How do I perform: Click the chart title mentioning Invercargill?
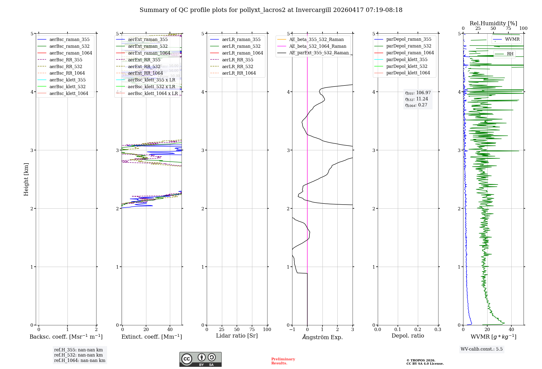271,10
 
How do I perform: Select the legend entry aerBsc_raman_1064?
70,53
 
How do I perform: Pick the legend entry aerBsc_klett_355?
67,80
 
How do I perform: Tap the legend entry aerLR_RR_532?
237,66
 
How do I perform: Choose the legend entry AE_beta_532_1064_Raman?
318,46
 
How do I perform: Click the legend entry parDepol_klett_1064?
408,73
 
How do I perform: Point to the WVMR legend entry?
512,39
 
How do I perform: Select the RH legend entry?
510,54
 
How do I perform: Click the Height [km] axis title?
26,179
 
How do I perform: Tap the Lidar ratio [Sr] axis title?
237,336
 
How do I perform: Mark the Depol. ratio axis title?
408,336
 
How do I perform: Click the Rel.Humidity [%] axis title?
493,23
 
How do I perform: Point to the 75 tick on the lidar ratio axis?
252,329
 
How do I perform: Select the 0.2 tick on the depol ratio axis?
418,329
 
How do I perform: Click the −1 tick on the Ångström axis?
292,329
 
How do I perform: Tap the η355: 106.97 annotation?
418,93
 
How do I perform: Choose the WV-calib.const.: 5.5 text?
481,349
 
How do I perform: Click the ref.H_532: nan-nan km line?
78,355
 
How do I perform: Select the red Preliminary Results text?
283,361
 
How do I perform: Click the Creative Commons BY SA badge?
200,359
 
